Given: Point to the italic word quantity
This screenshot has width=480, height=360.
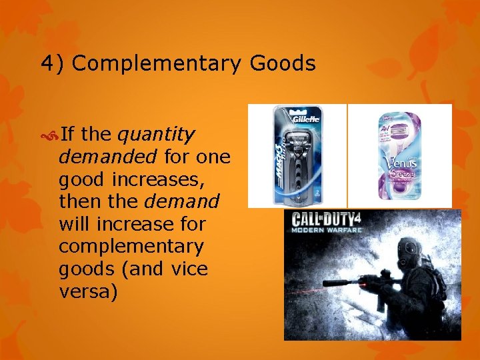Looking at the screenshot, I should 156,135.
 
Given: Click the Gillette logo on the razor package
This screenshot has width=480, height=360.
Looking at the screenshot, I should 304,119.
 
